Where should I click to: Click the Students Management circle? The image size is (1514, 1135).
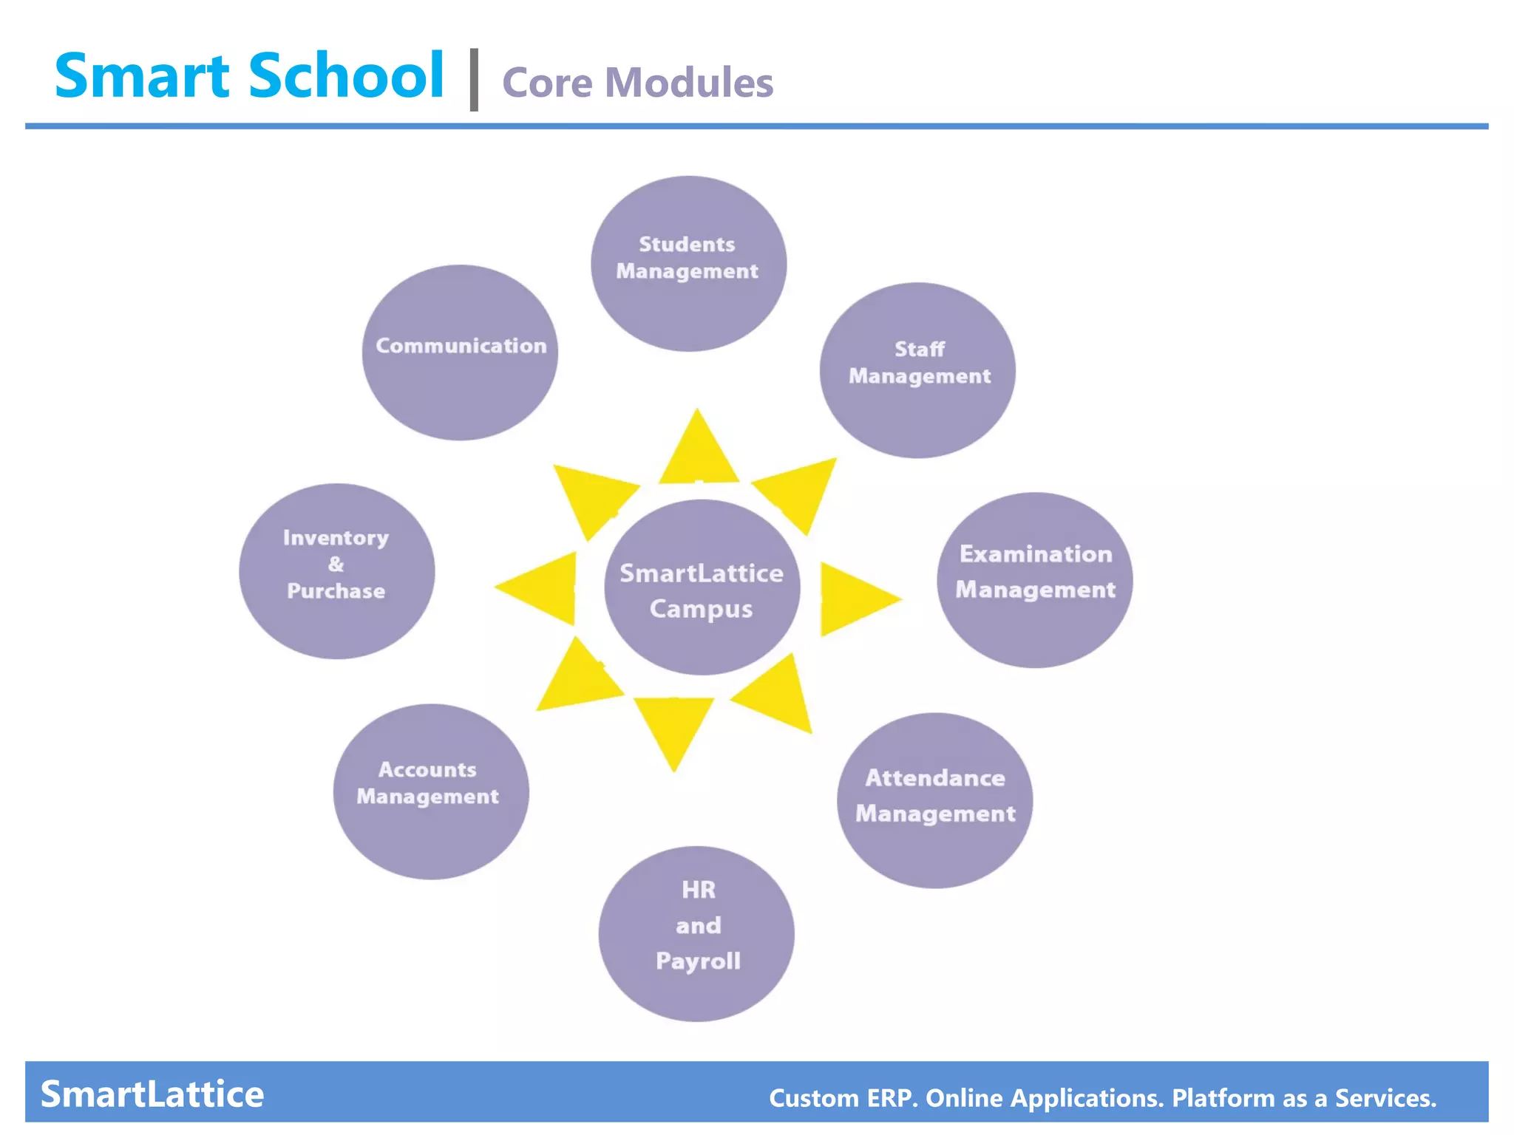point(688,264)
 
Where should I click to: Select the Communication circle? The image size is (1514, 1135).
point(460,352)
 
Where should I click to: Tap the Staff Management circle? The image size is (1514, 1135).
point(917,370)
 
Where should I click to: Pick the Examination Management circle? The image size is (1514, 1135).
point(1035,580)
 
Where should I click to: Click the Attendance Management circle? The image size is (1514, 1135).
point(934,800)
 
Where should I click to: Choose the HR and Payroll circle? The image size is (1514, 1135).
point(696,933)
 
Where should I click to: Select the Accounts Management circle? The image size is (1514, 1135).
point(431,791)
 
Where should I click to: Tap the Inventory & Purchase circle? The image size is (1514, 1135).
point(337,571)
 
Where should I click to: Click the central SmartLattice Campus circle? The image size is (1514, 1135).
point(702,587)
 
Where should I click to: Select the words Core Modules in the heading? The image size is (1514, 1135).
point(637,82)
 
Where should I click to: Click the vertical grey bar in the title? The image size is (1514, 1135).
point(474,80)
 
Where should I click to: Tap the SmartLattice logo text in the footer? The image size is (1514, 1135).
point(152,1094)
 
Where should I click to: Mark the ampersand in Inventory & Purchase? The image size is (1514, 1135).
point(336,565)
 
